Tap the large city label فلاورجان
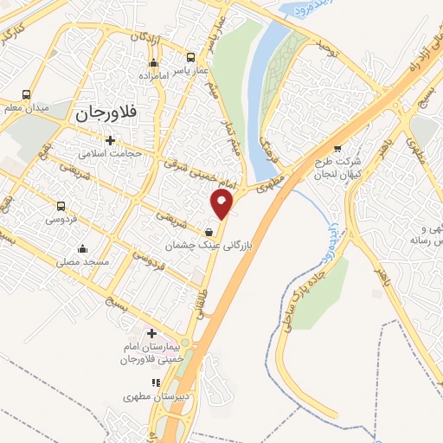(x=107, y=112)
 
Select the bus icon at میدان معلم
(x=27, y=94)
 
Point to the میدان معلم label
(x=27, y=108)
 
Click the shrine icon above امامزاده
(x=154, y=63)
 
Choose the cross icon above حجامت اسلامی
(x=110, y=140)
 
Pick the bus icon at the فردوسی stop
(x=61, y=206)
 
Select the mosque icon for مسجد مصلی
(x=83, y=248)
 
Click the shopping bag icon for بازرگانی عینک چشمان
(x=210, y=231)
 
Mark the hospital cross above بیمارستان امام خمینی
(x=151, y=333)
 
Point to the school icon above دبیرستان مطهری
(x=156, y=382)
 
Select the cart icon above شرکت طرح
(x=337, y=147)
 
